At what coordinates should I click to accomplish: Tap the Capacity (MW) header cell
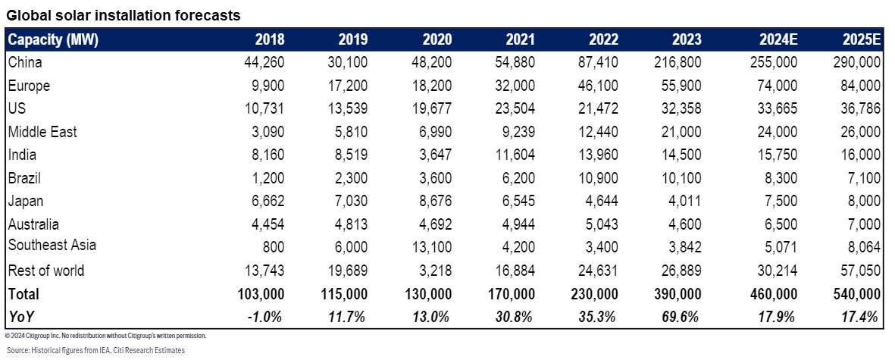pos(52,39)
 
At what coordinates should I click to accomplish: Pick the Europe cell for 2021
pos(514,86)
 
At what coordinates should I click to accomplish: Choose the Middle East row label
pos(42,132)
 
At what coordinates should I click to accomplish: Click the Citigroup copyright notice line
pos(105,335)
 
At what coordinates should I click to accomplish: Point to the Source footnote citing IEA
pos(95,350)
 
